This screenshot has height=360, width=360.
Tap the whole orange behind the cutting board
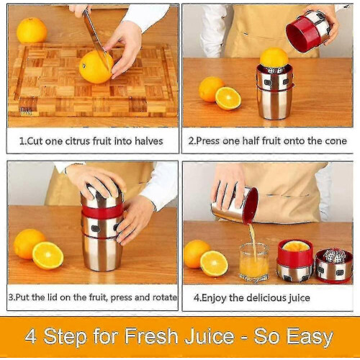[x=32, y=30]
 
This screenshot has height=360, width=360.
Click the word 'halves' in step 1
[x=148, y=141]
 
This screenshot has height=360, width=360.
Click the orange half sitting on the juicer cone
[x=274, y=58]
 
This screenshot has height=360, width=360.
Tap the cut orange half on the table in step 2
[x=228, y=98]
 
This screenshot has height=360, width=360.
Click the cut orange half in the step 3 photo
[x=48, y=256]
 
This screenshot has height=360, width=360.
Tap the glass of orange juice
[x=254, y=261]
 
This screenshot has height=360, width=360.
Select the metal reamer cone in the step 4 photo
[x=336, y=256]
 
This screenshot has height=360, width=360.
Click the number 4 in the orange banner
[x=31, y=336]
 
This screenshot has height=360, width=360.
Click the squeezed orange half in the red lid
[x=296, y=246]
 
